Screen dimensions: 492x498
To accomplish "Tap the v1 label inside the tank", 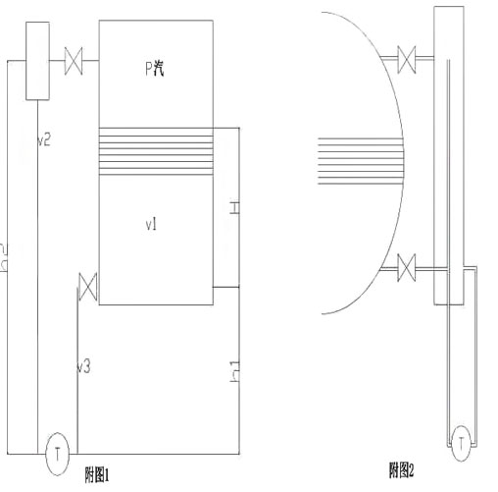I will click(152, 226).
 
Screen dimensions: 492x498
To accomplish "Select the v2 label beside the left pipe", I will click(43, 140).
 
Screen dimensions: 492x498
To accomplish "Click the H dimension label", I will click(233, 208).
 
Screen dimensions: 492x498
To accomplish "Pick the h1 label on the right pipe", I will click(233, 372).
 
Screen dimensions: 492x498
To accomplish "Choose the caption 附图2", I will click(401, 470).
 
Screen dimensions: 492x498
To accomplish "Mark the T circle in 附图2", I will click(460, 444).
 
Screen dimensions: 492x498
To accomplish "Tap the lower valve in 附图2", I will click(409, 266).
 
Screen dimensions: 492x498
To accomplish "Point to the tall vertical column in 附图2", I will click(449, 147).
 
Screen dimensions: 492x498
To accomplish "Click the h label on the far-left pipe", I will click(5, 257).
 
